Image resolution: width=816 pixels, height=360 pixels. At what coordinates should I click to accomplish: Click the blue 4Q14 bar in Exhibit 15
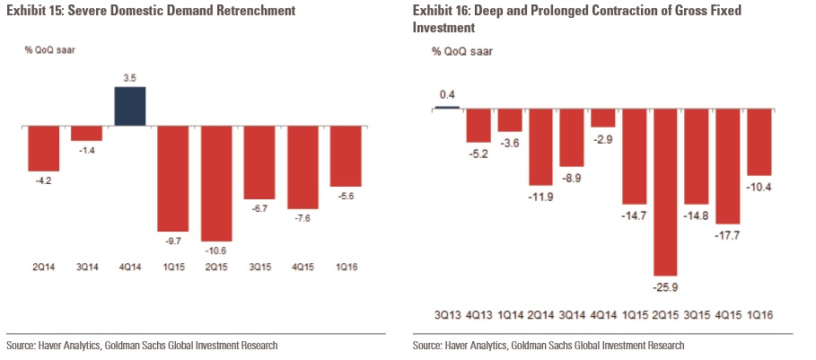coord(130,106)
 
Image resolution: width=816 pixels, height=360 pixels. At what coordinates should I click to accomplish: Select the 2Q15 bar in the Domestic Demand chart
coord(216,183)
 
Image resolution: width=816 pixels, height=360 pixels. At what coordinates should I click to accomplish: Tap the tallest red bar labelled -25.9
coord(665,191)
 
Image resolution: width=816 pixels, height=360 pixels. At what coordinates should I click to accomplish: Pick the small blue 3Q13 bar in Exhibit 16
coord(446,107)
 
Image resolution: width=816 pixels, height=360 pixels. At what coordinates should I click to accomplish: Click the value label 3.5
coord(130,79)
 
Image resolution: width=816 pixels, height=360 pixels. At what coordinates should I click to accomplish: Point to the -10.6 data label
coord(216,250)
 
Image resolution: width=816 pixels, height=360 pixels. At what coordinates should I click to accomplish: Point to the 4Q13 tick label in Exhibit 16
coord(478,313)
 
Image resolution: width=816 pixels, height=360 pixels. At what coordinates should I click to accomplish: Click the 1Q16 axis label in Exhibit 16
coord(759,313)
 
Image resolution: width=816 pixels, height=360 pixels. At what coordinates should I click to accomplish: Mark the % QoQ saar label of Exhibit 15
coord(49,49)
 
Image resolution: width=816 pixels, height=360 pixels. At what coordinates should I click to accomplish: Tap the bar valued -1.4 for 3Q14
coord(86,134)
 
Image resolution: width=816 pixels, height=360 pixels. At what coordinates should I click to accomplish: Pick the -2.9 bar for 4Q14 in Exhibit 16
coord(603,118)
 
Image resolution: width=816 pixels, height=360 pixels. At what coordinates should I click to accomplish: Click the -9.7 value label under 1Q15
coord(173,241)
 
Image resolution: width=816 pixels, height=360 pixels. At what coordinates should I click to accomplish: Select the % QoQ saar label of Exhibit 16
coord(461,52)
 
